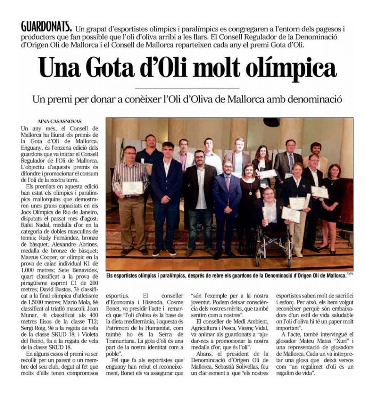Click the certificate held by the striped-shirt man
pos(132,188)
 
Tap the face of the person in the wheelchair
pos(269,193)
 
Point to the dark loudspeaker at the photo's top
pos(271,122)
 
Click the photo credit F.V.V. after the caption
pos(349,274)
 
